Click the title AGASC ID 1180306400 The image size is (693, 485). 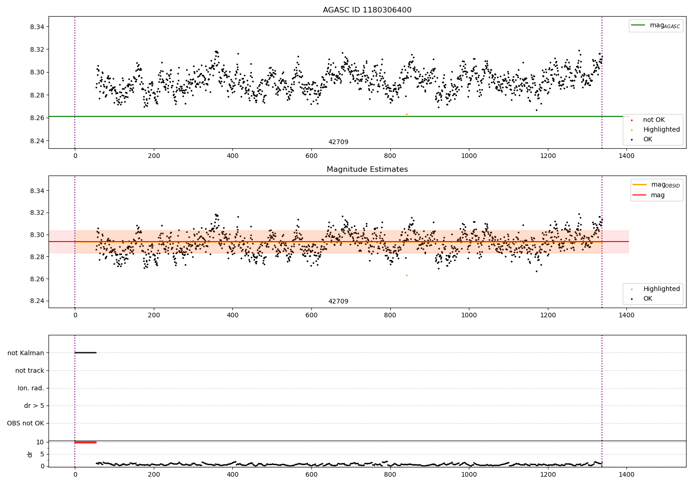click(367, 10)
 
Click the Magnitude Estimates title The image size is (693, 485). click(367, 170)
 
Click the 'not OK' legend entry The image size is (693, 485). click(653, 120)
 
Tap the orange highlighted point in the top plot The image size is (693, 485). click(407, 114)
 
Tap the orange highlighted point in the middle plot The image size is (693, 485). click(407, 275)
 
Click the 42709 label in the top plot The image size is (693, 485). click(338, 142)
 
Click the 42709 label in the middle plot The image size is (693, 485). click(338, 302)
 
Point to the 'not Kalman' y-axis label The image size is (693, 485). click(26, 353)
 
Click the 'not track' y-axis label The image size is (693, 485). click(30, 370)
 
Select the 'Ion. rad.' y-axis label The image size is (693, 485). click(31, 388)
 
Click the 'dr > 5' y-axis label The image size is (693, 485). click(34, 406)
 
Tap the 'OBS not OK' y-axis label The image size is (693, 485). click(25, 423)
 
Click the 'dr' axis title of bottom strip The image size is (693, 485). click(30, 454)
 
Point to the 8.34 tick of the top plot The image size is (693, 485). click(37, 27)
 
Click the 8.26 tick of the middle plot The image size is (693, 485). click(37, 279)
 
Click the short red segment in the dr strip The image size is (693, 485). click(85, 443)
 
